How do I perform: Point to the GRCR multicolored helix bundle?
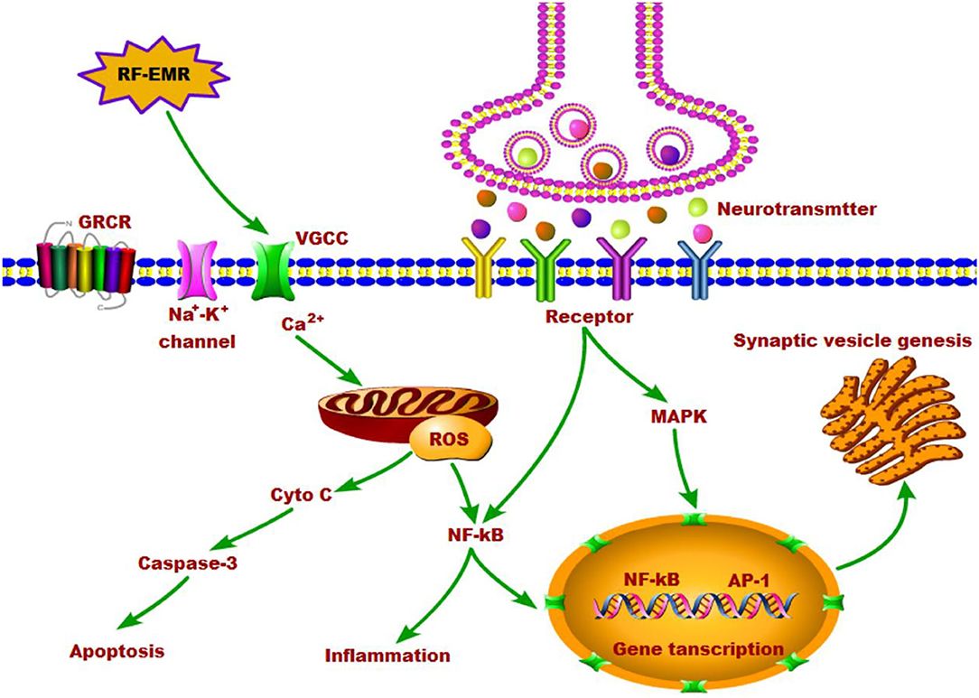click(83, 269)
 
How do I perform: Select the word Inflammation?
click(388, 655)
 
